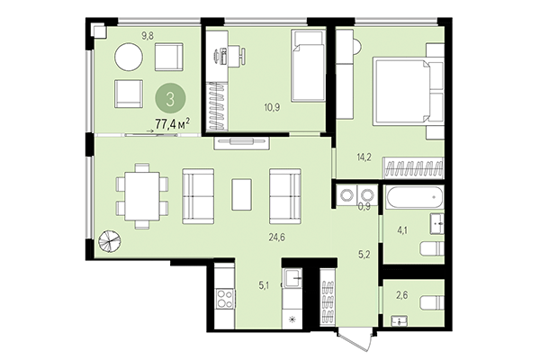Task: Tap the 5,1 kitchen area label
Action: (x=264, y=287)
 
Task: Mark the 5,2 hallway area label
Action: (x=365, y=254)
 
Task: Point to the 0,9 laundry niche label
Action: (x=364, y=205)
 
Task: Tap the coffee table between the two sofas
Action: (x=241, y=193)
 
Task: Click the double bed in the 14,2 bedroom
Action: (x=407, y=87)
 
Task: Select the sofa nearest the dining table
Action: (x=198, y=194)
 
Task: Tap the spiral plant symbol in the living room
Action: (x=108, y=241)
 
